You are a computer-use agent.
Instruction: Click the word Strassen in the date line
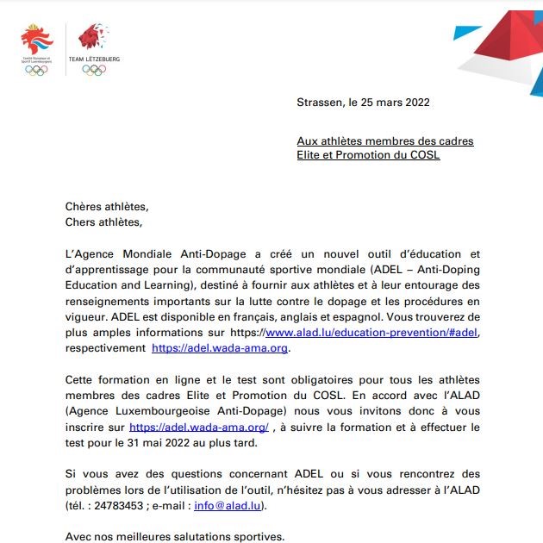319,102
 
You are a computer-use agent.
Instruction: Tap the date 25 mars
381,102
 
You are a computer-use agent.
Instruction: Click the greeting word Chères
84,207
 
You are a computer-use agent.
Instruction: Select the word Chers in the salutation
82,222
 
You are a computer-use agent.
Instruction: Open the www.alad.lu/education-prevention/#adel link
371,333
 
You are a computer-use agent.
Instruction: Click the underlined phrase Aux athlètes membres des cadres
385,140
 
